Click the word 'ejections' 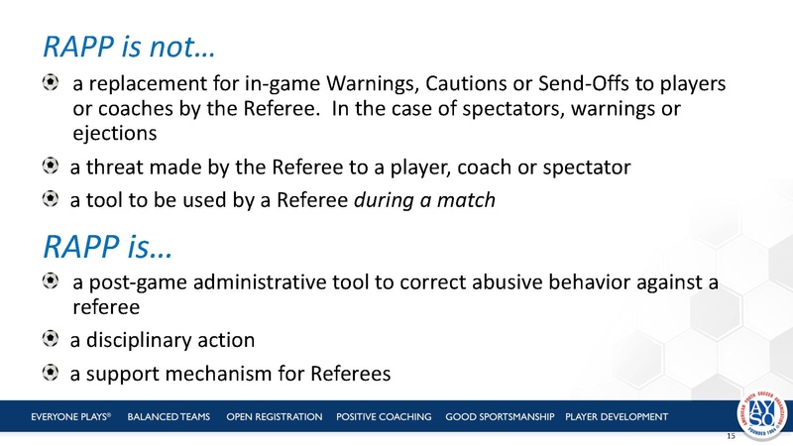pyautogui.click(x=114, y=132)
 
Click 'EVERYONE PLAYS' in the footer pyautogui.click(x=69, y=415)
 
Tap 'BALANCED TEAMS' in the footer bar pyautogui.click(x=170, y=415)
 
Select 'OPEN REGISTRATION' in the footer pyautogui.click(x=275, y=415)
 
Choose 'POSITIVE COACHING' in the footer pyautogui.click(x=384, y=415)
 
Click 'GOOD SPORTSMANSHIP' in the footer pyautogui.click(x=502, y=415)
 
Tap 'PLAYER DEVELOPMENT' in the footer pyautogui.click(x=616, y=415)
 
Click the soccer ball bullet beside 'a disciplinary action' pyautogui.click(x=50, y=340)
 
